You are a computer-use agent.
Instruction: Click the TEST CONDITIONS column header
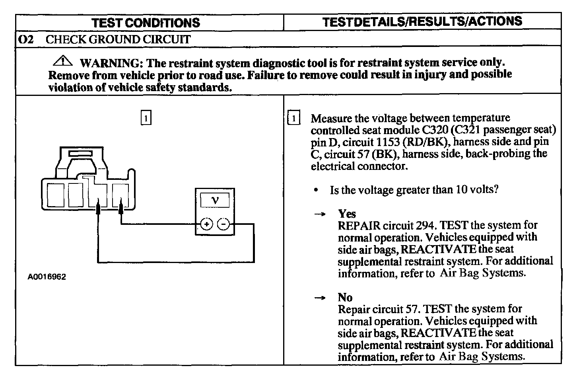tap(146, 23)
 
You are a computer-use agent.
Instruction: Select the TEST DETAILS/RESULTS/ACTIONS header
tap(422, 21)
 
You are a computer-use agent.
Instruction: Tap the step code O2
tap(25, 39)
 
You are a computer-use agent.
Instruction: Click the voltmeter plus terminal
tap(206, 224)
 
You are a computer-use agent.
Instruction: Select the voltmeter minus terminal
tap(223, 224)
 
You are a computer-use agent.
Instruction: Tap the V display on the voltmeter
tap(215, 200)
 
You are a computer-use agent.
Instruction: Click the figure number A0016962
tap(47, 277)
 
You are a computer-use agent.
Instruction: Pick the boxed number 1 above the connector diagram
tap(146, 118)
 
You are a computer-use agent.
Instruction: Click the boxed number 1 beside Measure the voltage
tap(293, 118)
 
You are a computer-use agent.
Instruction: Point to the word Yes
tap(347, 214)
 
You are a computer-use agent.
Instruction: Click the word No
tap(345, 297)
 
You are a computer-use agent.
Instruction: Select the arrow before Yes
tap(320, 214)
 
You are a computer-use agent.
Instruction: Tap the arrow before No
tap(320, 298)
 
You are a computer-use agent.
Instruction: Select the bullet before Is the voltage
tap(315, 190)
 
